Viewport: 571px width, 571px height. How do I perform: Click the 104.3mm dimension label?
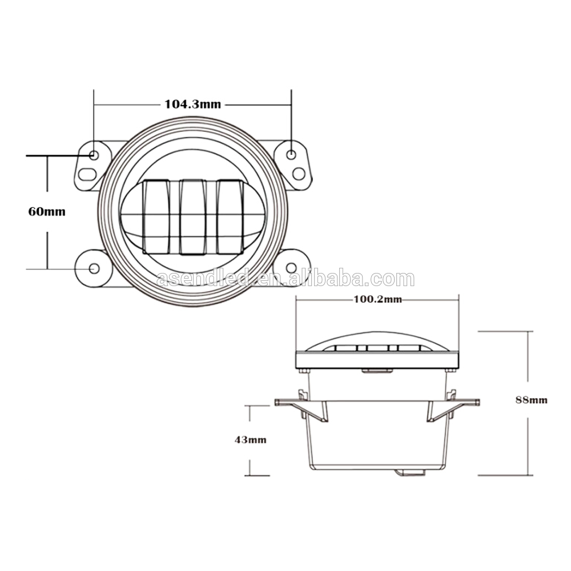tap(192, 104)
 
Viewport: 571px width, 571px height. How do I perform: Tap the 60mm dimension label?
tap(47, 212)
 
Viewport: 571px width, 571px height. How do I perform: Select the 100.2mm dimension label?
tap(378, 299)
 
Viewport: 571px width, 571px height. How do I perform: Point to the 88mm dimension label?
tap(531, 400)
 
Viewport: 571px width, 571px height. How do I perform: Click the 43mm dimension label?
tap(250, 440)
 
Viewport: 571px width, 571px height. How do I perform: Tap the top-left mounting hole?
tap(94, 155)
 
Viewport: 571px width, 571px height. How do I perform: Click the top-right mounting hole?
tap(291, 154)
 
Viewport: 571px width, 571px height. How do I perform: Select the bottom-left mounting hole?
tap(94, 268)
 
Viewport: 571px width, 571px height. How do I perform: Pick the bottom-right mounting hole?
tap(291, 268)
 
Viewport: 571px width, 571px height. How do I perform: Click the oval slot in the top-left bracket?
tap(87, 174)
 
